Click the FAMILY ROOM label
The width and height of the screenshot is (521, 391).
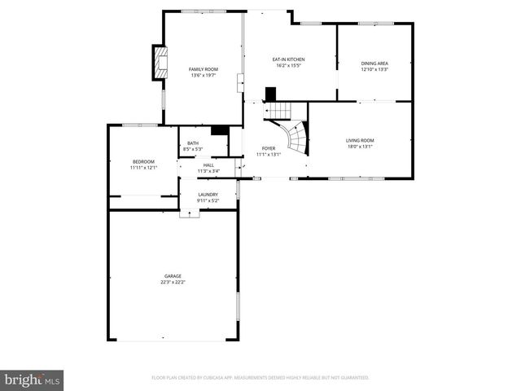click(x=204, y=70)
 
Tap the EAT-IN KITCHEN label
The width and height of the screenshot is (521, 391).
click(x=288, y=59)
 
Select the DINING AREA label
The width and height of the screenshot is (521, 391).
click(x=374, y=64)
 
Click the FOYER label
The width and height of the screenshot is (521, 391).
click(x=268, y=148)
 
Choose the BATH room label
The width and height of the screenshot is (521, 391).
click(x=192, y=143)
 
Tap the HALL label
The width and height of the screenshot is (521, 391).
click(x=208, y=165)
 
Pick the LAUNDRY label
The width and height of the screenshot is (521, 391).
click(x=208, y=194)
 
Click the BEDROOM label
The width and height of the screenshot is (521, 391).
click(x=143, y=162)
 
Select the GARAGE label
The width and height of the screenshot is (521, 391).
click(x=173, y=276)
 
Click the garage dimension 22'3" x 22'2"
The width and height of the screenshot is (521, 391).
click(x=173, y=283)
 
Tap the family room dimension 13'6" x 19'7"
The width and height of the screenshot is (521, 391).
click(x=204, y=76)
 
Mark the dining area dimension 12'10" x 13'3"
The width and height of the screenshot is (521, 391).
click(x=374, y=69)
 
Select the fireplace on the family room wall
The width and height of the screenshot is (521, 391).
click(x=159, y=64)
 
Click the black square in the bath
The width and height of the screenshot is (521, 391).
click(x=218, y=130)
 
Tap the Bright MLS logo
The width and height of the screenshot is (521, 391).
click(x=33, y=380)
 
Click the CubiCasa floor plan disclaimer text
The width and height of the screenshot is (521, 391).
click(x=260, y=378)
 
